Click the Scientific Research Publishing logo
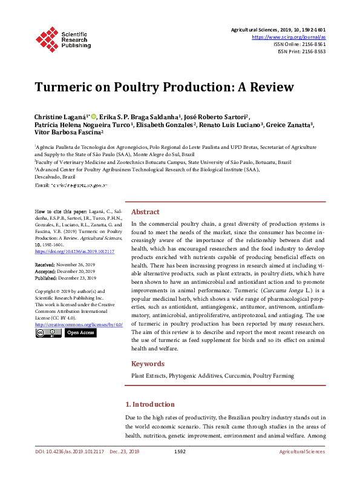63,38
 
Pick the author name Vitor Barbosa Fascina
68,132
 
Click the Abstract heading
145,212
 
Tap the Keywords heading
148,364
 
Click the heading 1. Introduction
149,404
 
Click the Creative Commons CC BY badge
48,333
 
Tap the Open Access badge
80,333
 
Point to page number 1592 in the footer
180,451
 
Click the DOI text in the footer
69,451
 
